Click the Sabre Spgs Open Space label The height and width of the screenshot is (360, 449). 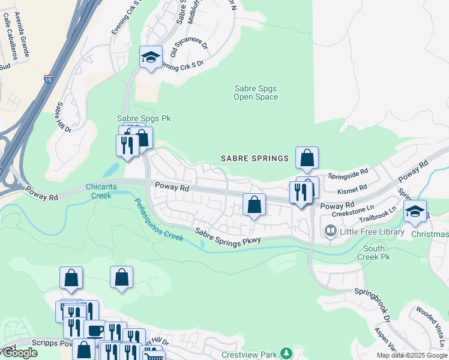255,92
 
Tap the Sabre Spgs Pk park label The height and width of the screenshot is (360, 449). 143,119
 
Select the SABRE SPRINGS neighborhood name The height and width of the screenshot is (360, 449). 255,158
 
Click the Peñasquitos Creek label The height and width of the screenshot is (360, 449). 158,220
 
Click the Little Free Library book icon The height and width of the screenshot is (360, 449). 330,230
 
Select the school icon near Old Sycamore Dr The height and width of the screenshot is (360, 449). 150,57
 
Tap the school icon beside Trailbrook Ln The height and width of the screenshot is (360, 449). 414,211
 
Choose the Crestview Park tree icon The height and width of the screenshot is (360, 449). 287,352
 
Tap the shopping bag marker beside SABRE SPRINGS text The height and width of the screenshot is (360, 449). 307,158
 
